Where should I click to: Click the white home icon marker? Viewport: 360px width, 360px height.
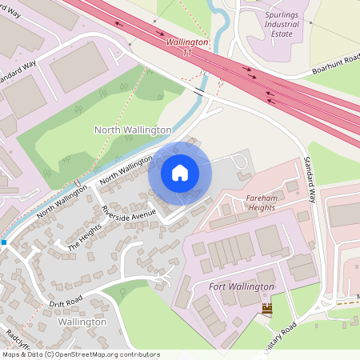tap(180, 173)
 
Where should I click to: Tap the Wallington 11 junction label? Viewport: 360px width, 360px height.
tap(188, 46)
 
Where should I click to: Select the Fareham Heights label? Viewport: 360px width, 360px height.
tap(250, 202)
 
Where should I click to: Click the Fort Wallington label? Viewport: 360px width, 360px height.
tap(241, 286)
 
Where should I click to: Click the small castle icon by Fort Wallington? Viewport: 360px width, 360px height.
tap(266, 308)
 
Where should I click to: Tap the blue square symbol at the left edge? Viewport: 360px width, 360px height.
tap(4, 242)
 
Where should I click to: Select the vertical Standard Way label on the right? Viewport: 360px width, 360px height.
tap(310, 181)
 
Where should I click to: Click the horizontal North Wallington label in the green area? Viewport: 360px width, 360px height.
tap(133, 129)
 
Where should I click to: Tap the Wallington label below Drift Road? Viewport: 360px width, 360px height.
tap(82, 322)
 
